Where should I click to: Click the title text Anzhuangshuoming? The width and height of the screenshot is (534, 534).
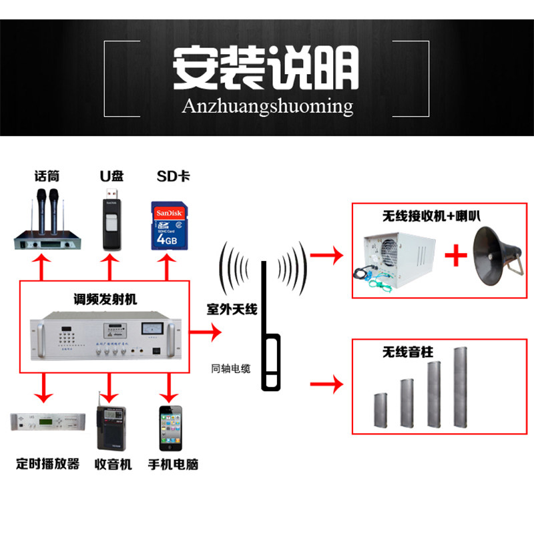click(267, 105)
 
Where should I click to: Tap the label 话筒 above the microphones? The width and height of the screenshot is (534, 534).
click(47, 176)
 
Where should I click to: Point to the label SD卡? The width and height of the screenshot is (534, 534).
click(172, 176)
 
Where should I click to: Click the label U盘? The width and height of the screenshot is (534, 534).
click(111, 176)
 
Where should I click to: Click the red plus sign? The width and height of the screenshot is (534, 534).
click(455, 256)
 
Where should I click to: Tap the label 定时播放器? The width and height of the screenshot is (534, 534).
click(47, 463)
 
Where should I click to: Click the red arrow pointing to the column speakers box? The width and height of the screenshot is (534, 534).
click(326, 384)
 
